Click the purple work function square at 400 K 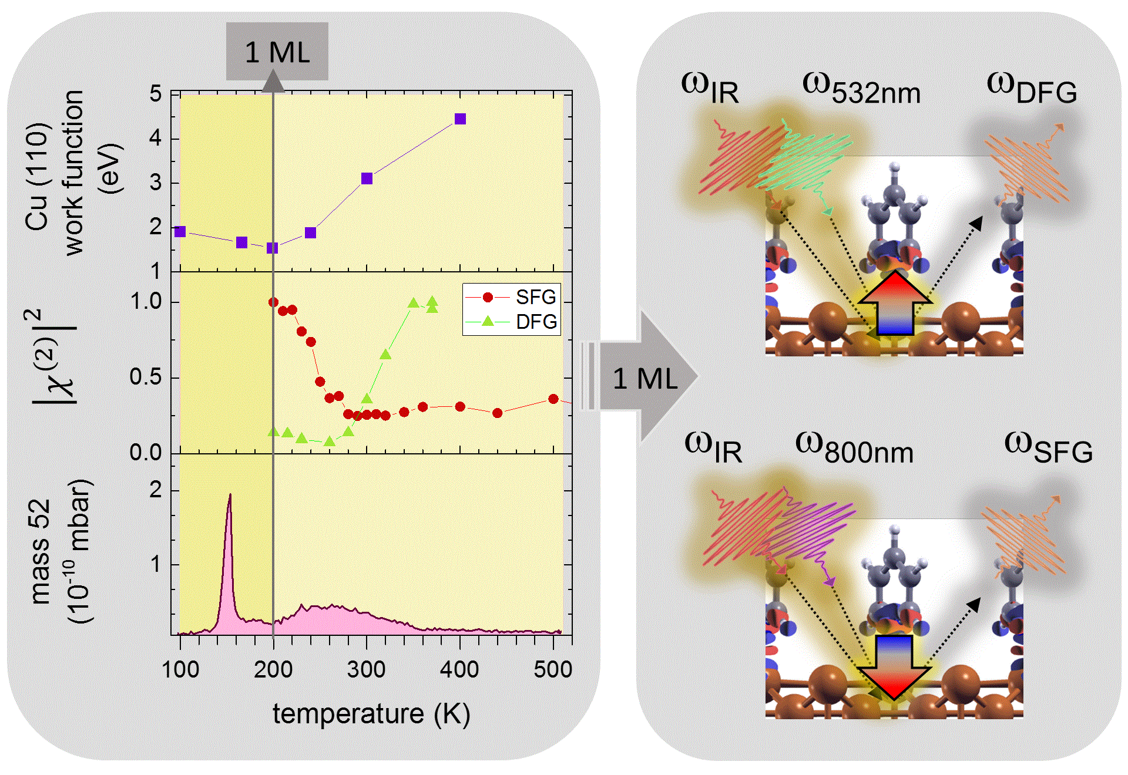click(x=460, y=119)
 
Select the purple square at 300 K click(x=367, y=178)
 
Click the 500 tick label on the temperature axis click(x=553, y=669)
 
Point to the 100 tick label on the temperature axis click(x=180, y=669)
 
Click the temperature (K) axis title click(x=371, y=715)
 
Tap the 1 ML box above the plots click(x=277, y=52)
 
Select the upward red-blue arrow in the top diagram click(x=895, y=304)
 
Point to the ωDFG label click(x=1032, y=89)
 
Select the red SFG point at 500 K click(x=553, y=399)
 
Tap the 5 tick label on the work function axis click(x=156, y=94)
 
